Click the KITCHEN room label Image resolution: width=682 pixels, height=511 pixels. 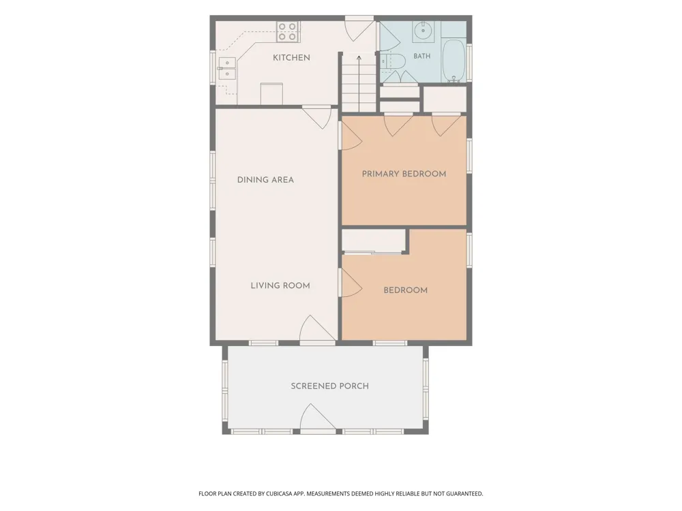[291, 57]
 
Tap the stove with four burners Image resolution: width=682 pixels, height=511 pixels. [288, 32]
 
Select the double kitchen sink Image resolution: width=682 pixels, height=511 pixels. [227, 69]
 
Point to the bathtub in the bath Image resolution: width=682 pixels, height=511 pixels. [454, 61]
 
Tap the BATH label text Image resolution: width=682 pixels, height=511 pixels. [422, 56]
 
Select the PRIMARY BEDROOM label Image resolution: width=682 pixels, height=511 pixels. [404, 174]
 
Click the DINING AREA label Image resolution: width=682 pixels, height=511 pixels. [265, 179]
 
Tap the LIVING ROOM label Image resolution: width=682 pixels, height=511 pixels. [280, 285]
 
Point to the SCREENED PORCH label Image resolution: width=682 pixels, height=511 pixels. [329, 386]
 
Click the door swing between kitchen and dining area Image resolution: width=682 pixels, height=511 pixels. [317, 118]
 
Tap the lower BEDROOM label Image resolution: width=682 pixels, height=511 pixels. [405, 290]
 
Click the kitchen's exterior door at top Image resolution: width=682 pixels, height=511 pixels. [359, 29]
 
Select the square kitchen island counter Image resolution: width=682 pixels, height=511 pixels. [272, 93]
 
